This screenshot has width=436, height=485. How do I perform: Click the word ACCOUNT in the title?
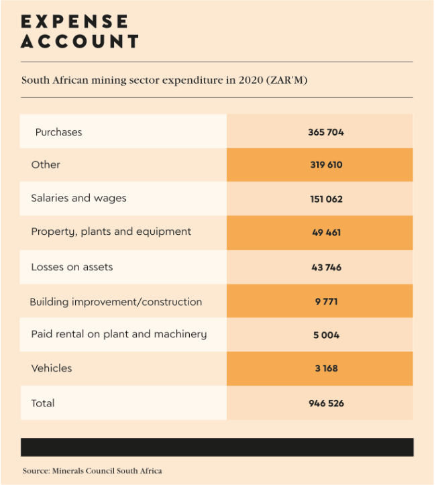coord(80,42)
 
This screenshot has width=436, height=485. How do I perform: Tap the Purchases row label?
coord(58,132)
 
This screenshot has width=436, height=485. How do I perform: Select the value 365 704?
coord(326,132)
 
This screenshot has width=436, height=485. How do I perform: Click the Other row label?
coord(46,164)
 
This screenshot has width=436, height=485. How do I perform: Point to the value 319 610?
coord(326,164)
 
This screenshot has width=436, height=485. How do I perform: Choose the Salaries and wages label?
coord(78,198)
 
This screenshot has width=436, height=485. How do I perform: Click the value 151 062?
coord(326,199)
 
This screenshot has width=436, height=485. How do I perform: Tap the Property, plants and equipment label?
coord(111,232)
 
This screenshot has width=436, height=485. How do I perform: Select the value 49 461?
coord(326,232)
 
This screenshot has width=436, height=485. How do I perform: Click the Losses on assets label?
coord(72,267)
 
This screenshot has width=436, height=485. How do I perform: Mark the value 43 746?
coord(326,267)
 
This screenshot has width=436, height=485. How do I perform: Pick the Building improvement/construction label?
coord(116,302)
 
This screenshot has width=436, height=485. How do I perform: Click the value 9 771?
coord(326,302)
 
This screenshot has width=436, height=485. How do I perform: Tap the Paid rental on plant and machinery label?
coord(119,334)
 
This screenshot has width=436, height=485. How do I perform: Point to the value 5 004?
coord(326,335)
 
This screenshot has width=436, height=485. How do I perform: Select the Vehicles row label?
coord(52,368)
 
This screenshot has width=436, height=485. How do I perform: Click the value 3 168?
coord(326,368)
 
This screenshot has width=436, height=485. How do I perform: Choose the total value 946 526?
coord(326,403)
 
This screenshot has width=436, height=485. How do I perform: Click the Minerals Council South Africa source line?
coord(92,471)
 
